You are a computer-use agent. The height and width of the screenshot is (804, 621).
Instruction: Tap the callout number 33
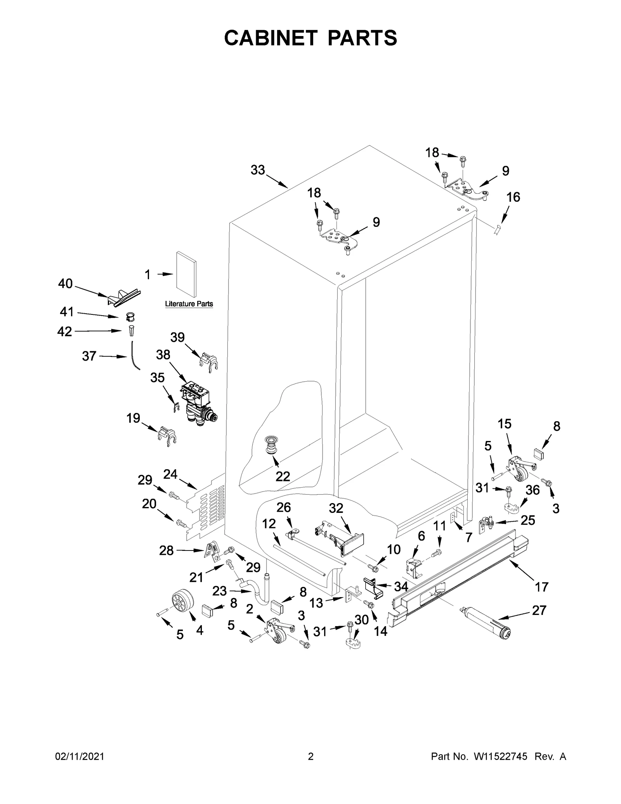(257, 170)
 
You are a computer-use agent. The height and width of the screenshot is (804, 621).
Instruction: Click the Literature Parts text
(189, 304)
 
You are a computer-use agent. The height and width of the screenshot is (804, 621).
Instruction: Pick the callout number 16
(513, 197)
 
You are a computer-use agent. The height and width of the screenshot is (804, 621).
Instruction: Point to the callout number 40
(65, 284)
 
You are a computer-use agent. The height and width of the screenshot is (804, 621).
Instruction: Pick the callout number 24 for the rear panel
(170, 474)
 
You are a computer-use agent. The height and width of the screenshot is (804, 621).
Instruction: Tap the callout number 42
(64, 332)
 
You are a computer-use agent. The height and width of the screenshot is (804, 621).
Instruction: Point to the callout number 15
(505, 424)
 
